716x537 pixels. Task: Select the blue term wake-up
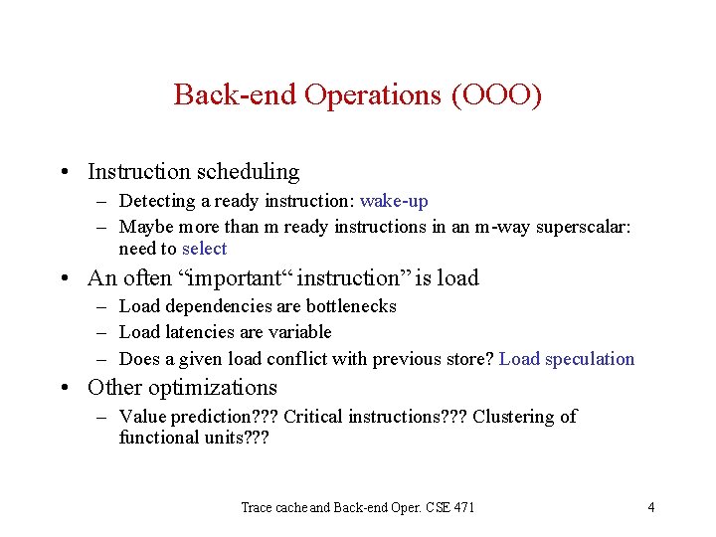(x=394, y=201)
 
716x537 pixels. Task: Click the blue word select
(x=204, y=249)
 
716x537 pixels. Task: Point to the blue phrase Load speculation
(x=567, y=359)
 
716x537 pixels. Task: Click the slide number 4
(x=650, y=507)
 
